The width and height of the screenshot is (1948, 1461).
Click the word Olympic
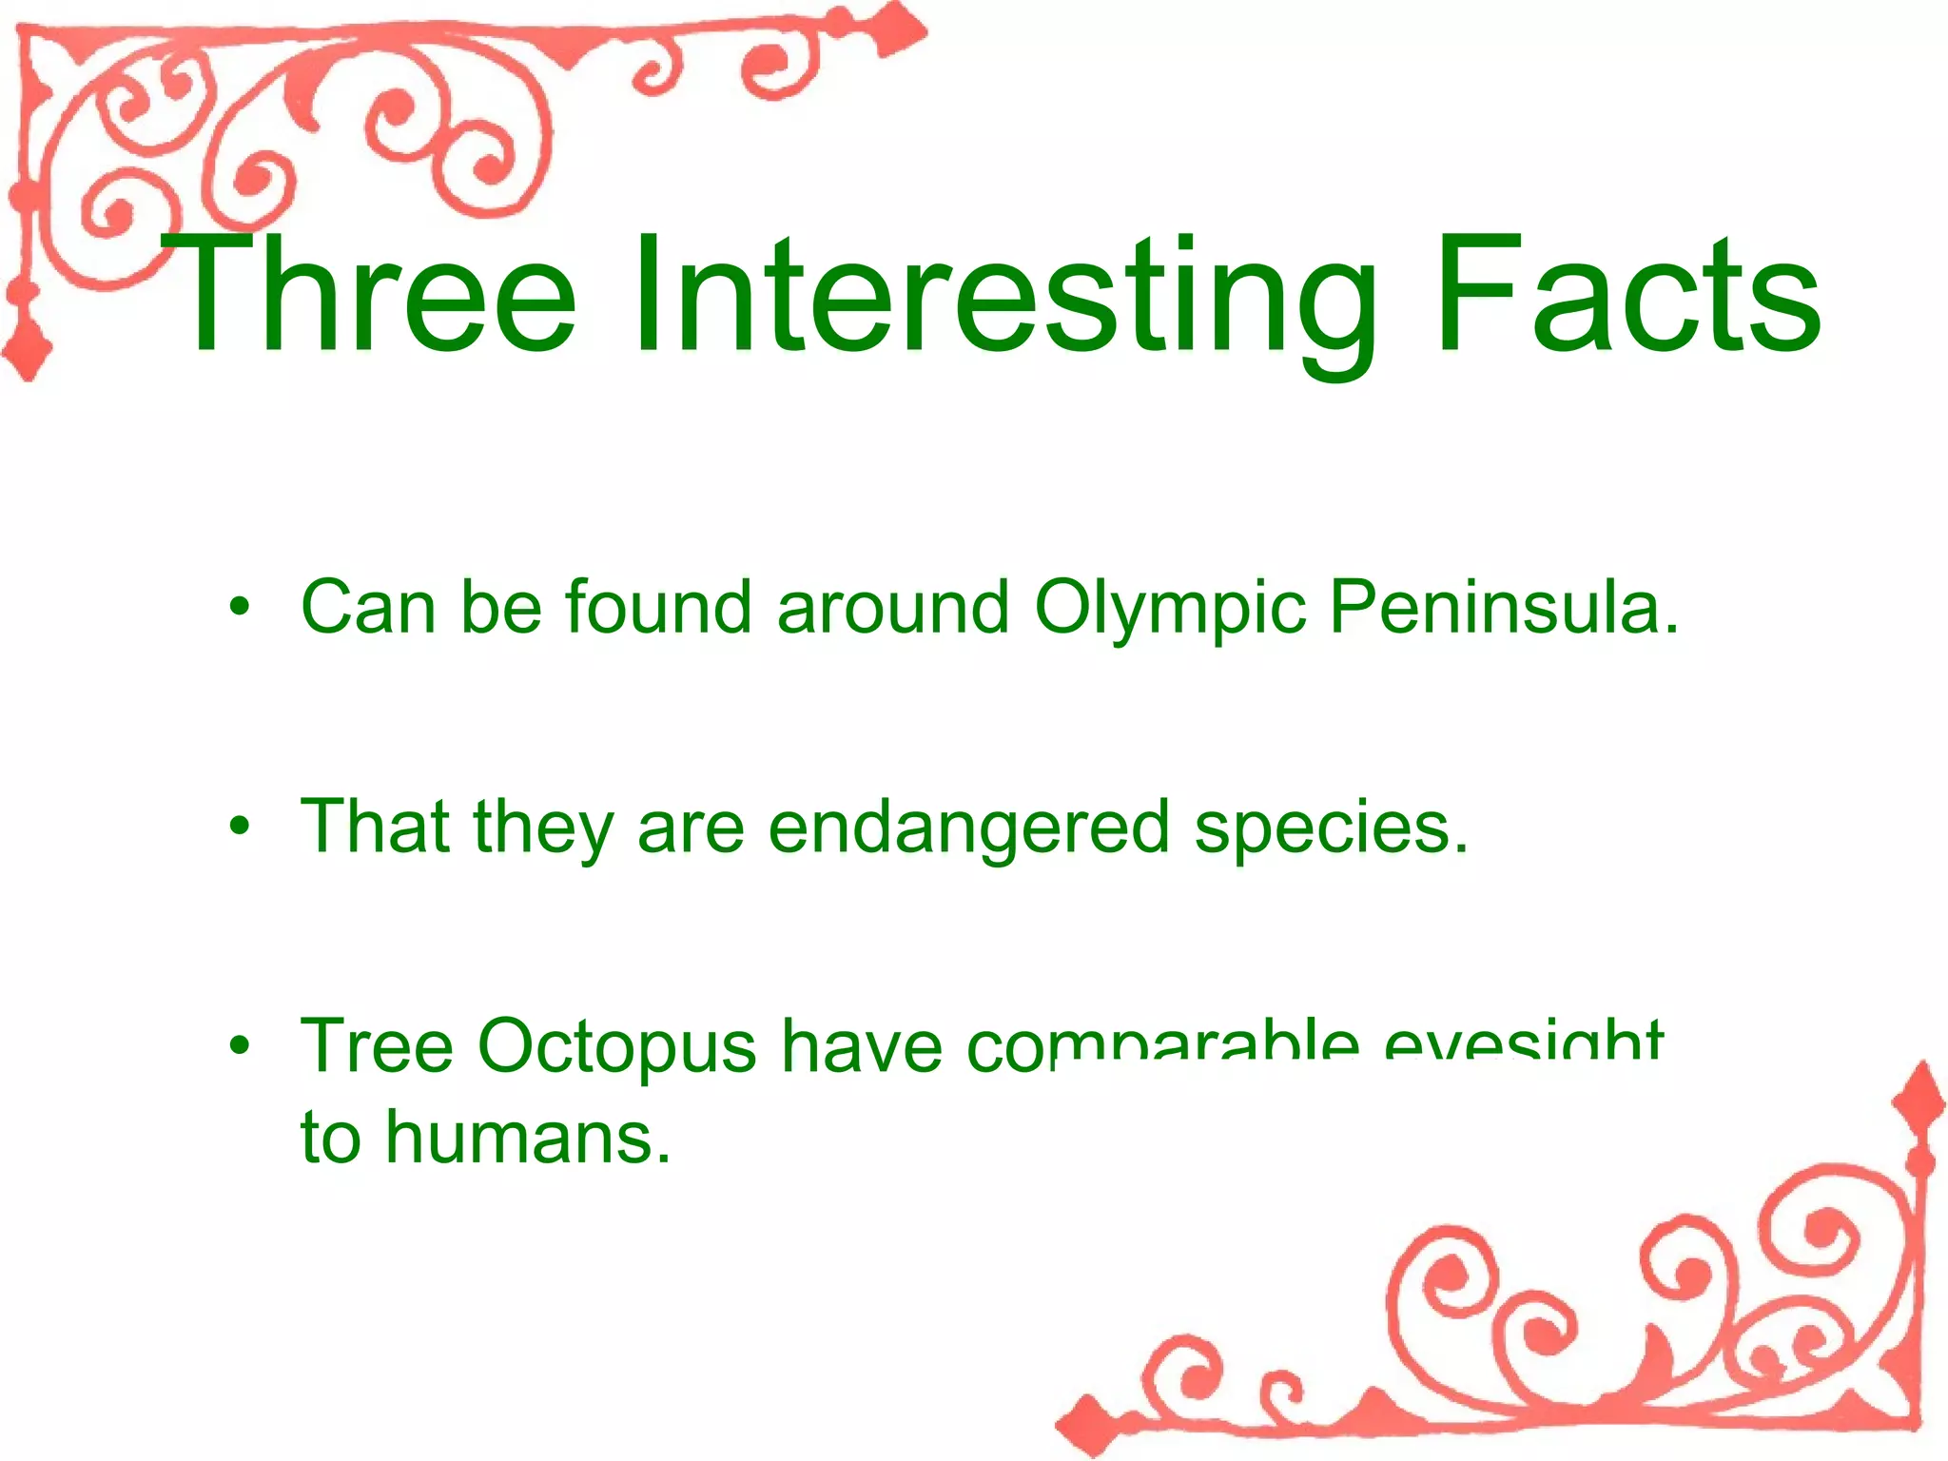[x=1170, y=609]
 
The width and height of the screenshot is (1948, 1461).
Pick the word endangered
[x=968, y=827]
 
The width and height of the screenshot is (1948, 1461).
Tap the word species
[x=1332, y=828]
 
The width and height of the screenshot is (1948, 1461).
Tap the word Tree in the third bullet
[x=377, y=1046]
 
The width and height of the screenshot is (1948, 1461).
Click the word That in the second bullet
[x=375, y=827]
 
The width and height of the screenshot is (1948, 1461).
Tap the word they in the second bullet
[x=543, y=828]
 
